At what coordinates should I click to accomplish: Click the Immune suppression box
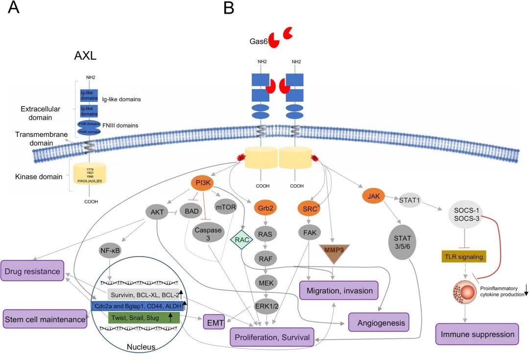coord(477,335)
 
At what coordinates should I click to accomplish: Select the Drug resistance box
coord(33,271)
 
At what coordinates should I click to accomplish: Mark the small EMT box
coord(213,323)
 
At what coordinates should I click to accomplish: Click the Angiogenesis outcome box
coord(379,323)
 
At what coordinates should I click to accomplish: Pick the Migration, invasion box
coord(342,290)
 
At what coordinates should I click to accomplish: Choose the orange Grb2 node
coord(264,207)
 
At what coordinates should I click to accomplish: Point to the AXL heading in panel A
coord(85,55)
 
